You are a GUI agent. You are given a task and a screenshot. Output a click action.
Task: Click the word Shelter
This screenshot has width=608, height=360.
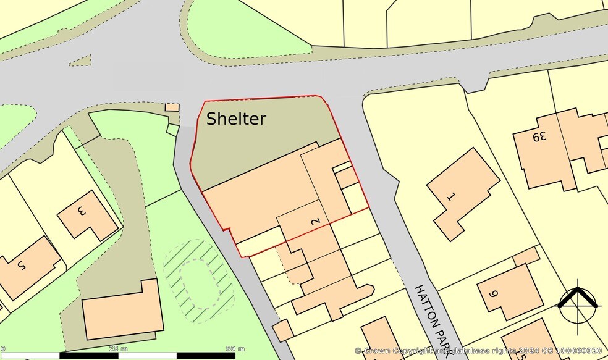point(236,119)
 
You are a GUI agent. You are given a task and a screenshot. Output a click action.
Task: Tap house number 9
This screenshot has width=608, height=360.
point(493,295)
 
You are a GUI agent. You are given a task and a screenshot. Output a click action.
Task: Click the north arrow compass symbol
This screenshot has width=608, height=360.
point(579,303)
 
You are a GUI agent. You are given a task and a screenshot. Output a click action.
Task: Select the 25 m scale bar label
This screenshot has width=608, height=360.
point(114,349)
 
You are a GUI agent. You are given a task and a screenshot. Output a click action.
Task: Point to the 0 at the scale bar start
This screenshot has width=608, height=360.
point(2,349)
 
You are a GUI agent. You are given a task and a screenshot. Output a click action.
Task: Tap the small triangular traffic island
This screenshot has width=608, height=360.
point(80,60)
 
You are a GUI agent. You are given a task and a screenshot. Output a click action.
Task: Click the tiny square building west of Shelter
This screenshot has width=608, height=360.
point(172,107)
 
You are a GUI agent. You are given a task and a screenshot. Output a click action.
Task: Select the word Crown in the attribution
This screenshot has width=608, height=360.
point(377,351)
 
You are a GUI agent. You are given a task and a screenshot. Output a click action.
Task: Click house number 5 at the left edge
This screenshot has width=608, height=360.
point(20,266)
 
